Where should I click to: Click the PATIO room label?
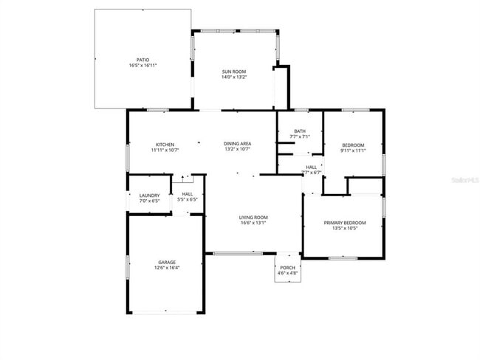[x=143, y=60]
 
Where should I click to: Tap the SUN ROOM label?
[x=234, y=72]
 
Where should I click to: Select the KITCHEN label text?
[x=165, y=144]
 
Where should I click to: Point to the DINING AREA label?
[x=238, y=144]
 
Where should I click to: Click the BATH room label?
[x=299, y=131]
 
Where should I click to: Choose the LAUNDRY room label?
[x=149, y=195]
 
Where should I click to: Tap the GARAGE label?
[x=166, y=262]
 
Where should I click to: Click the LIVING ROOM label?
[x=253, y=217]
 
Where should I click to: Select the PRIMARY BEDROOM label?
[x=345, y=222]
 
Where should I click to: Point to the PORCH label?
[x=288, y=267]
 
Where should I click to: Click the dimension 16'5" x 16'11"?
[x=143, y=66]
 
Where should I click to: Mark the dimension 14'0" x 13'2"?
[x=234, y=77]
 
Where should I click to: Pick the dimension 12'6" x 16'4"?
[x=166, y=268]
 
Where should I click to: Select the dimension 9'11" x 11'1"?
[x=353, y=150]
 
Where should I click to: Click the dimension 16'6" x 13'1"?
[x=253, y=223]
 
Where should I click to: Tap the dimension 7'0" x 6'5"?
[x=149, y=201]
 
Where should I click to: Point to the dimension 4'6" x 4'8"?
[x=288, y=273]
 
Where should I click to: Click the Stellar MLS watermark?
[x=459, y=179]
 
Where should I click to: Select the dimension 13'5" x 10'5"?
[x=345, y=228]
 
